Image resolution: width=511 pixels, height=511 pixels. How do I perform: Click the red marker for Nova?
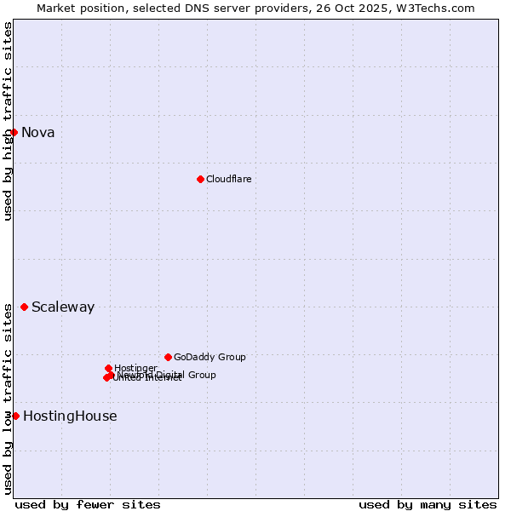(x=14, y=132)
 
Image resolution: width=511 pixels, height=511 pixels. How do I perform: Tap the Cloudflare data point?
(x=200, y=179)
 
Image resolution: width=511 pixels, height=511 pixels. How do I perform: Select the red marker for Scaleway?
(x=24, y=307)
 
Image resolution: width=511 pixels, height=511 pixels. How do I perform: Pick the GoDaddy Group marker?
(x=168, y=357)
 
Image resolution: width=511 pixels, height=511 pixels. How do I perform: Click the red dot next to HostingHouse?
(x=15, y=416)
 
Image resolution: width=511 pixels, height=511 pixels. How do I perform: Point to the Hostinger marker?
(x=108, y=368)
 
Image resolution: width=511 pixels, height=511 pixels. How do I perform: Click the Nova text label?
(x=37, y=132)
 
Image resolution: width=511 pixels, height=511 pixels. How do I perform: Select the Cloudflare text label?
(x=228, y=179)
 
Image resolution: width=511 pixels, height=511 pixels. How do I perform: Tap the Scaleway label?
(x=62, y=307)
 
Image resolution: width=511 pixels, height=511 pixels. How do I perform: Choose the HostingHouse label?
(x=70, y=416)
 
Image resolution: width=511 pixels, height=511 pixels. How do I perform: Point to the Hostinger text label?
(x=135, y=368)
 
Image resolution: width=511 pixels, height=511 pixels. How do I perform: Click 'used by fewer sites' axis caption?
(x=88, y=504)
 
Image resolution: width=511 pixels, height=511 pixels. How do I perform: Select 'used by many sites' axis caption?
(x=428, y=504)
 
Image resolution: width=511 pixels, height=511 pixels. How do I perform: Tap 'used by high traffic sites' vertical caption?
(x=8, y=121)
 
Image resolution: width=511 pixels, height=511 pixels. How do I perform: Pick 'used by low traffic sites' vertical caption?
(x=8, y=399)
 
